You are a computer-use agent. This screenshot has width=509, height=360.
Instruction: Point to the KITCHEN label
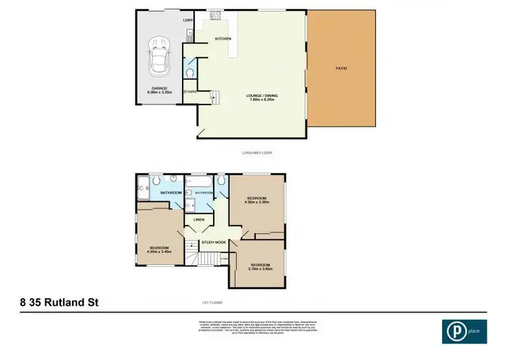223,39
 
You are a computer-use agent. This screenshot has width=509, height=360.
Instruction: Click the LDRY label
189,20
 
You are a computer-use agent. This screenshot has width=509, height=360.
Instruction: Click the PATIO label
341,69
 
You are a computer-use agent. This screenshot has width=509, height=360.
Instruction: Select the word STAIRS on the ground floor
189,92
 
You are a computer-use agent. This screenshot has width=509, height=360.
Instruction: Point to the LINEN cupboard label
199,219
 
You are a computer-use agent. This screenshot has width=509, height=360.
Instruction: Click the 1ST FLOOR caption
212,301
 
